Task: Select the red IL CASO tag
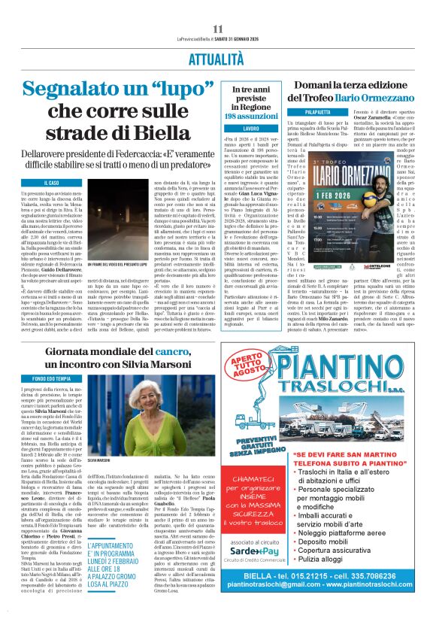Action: [x=53, y=183]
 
